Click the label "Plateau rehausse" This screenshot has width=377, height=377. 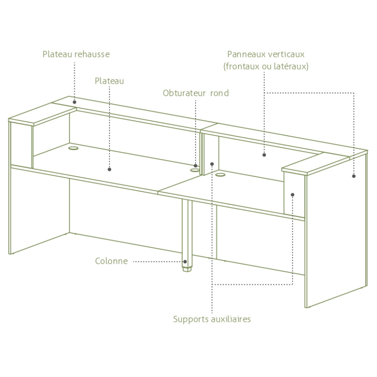coord(76,54)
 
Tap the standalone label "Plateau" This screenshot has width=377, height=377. coord(109,81)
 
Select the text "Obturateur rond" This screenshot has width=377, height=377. coord(196,93)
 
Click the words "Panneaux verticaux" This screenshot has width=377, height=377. coord(266,54)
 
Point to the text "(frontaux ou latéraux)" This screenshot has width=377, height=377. coord(266,66)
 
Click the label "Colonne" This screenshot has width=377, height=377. coord(111,261)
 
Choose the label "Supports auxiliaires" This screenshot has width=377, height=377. coord(212,319)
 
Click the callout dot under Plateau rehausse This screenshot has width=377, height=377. coord(75,102)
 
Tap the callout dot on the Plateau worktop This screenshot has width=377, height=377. coord(109,169)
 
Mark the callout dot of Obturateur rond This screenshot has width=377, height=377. coord(196,165)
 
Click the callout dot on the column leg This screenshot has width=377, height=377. coord(185,262)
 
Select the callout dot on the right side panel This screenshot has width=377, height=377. coord(354,176)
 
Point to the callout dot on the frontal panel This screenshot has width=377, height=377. coord(264,155)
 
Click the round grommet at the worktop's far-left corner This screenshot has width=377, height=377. coord(73,148)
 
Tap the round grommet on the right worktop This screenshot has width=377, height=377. coord(220,174)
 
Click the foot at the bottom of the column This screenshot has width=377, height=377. coord(187,269)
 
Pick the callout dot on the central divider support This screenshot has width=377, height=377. coord(212,164)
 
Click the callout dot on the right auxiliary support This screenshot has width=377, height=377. coord(293,195)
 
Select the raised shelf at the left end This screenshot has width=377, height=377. coord(43,114)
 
